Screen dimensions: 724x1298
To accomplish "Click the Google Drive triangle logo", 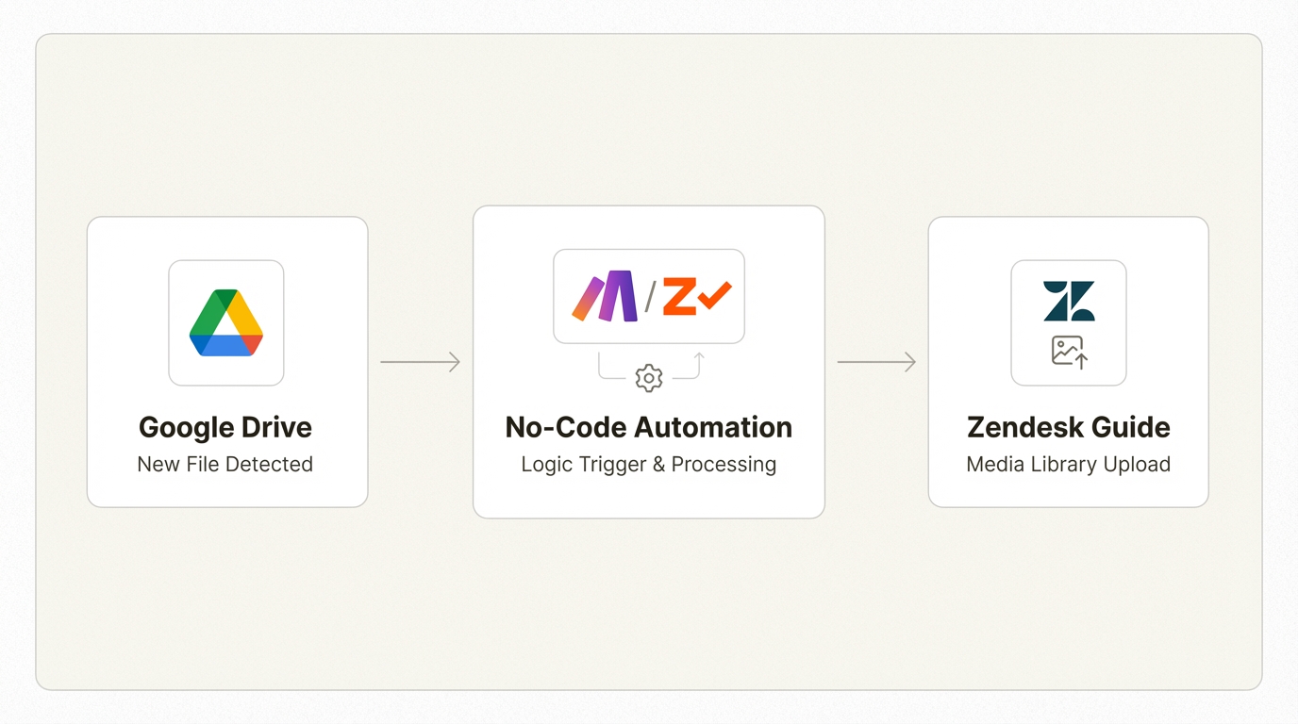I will tap(226, 322).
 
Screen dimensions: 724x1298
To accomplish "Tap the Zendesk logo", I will tap(1069, 301).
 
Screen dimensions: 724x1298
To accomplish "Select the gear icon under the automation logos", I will tap(649, 378).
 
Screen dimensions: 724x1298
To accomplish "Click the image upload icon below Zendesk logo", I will tap(1069, 352).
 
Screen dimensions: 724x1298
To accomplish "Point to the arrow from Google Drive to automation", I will tap(420, 362).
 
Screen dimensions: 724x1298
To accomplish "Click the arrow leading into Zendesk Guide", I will tap(876, 362).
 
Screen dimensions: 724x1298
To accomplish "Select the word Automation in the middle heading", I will tap(724, 428).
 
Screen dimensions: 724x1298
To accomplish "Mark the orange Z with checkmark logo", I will tap(696, 296).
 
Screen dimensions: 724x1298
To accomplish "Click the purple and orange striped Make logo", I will tap(606, 296).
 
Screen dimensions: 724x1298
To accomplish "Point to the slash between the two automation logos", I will tap(650, 296).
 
